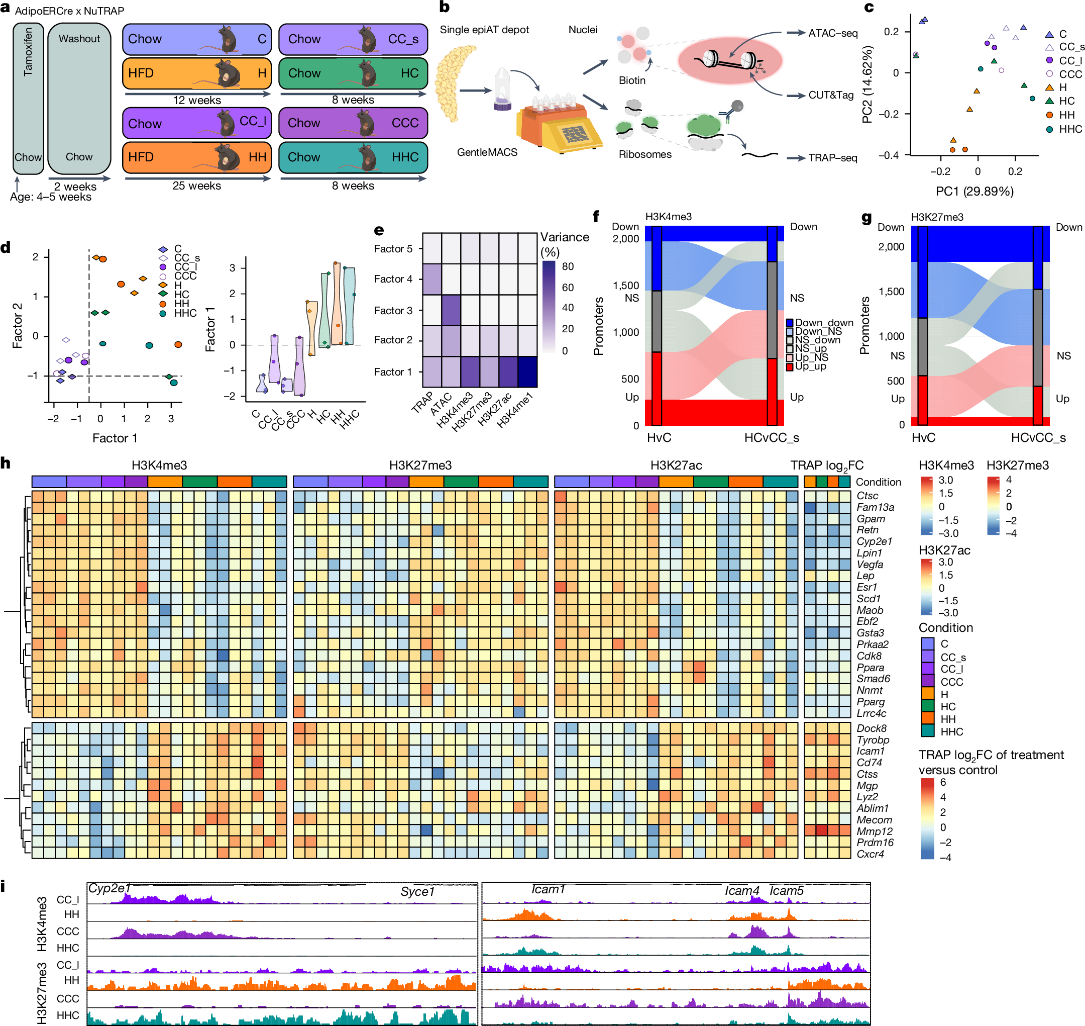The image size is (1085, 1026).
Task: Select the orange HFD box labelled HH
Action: coord(197,157)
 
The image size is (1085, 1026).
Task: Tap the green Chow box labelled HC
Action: coord(353,73)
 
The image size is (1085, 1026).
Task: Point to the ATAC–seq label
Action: coord(832,33)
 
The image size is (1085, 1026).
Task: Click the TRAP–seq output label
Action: coord(832,158)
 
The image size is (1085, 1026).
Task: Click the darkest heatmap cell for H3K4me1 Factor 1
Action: coord(527,372)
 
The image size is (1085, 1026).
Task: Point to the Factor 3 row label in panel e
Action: coord(393,311)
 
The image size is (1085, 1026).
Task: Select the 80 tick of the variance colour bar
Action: coord(568,267)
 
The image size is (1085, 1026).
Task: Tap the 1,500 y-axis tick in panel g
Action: coord(891,292)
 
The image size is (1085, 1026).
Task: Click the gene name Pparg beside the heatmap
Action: coord(870,702)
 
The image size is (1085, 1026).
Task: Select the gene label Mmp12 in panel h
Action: coord(874,831)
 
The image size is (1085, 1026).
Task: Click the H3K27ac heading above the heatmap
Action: coord(676,465)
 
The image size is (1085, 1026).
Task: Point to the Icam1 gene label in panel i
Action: coord(548,890)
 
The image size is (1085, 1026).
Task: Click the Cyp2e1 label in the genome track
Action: coord(110,889)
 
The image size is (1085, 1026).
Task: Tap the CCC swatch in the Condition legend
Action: coord(928,682)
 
